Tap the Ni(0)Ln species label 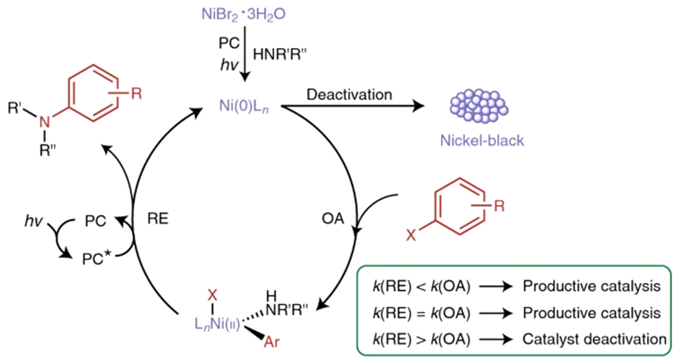(244, 106)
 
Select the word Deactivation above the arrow (349, 95)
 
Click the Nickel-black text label (482, 141)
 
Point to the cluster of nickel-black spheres (479, 106)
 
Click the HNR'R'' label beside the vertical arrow (279, 54)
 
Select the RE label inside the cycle (158, 219)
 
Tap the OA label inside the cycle (333, 219)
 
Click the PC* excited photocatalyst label (96, 259)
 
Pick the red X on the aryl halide (411, 235)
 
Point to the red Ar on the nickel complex (272, 342)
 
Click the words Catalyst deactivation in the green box (594, 339)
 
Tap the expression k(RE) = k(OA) (421, 313)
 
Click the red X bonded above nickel (212, 295)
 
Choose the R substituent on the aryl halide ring (499, 206)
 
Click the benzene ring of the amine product (93, 93)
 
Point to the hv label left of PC (34, 221)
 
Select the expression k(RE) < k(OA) (421, 286)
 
